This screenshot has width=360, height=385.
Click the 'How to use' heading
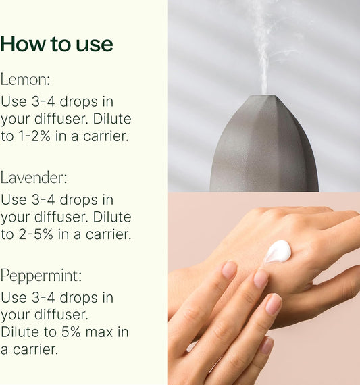57,44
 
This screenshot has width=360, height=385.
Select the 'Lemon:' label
25,80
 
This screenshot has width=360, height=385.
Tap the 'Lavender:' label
34,177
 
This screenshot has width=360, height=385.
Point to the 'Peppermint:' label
41,276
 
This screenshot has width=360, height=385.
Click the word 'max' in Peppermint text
99,332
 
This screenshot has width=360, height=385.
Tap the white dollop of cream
277,252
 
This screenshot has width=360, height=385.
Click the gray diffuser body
264,147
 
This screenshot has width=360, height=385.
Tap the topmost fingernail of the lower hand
229,269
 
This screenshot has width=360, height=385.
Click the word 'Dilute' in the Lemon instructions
112,119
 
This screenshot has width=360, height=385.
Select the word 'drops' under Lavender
78,200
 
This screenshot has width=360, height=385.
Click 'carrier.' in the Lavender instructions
108,234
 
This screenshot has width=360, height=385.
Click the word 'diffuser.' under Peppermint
61,314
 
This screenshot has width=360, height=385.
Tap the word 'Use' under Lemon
14,101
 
